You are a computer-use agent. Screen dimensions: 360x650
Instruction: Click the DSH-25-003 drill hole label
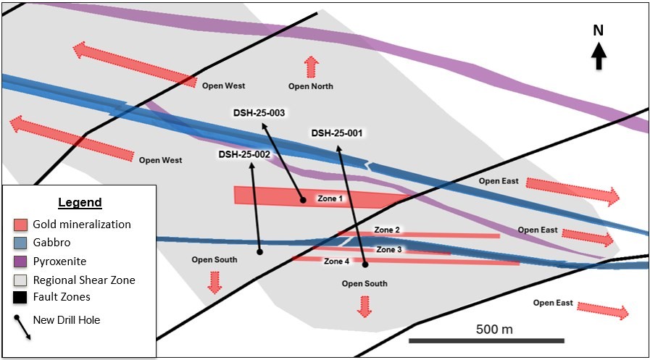click(259, 113)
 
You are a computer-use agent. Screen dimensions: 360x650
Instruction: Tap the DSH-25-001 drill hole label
click(337, 133)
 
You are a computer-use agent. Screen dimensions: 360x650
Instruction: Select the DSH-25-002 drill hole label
click(244, 154)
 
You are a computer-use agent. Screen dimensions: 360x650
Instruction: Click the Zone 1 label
click(330, 198)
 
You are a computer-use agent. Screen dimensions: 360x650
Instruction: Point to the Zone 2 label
click(387, 230)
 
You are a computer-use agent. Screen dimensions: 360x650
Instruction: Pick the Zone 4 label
click(336, 261)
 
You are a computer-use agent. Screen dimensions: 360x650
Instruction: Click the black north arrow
click(599, 56)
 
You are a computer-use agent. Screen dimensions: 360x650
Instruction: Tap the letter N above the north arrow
click(599, 30)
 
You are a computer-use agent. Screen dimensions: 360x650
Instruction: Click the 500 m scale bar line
click(486, 340)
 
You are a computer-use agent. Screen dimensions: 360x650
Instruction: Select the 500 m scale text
click(494, 329)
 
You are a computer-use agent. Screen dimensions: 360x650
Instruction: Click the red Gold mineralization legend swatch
click(21, 225)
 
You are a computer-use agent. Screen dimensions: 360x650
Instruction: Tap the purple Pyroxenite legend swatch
click(21, 261)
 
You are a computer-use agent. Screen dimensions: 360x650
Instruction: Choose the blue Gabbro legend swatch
click(21, 243)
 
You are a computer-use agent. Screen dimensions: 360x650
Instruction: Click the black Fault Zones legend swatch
click(21, 297)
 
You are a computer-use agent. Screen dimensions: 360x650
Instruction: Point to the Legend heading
click(80, 203)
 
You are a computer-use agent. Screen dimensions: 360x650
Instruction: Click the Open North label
click(311, 86)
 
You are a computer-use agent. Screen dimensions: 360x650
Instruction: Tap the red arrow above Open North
click(311, 67)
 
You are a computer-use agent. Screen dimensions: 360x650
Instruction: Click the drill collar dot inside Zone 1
click(303, 200)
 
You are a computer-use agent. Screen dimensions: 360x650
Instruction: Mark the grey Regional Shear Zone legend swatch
click(21, 279)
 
